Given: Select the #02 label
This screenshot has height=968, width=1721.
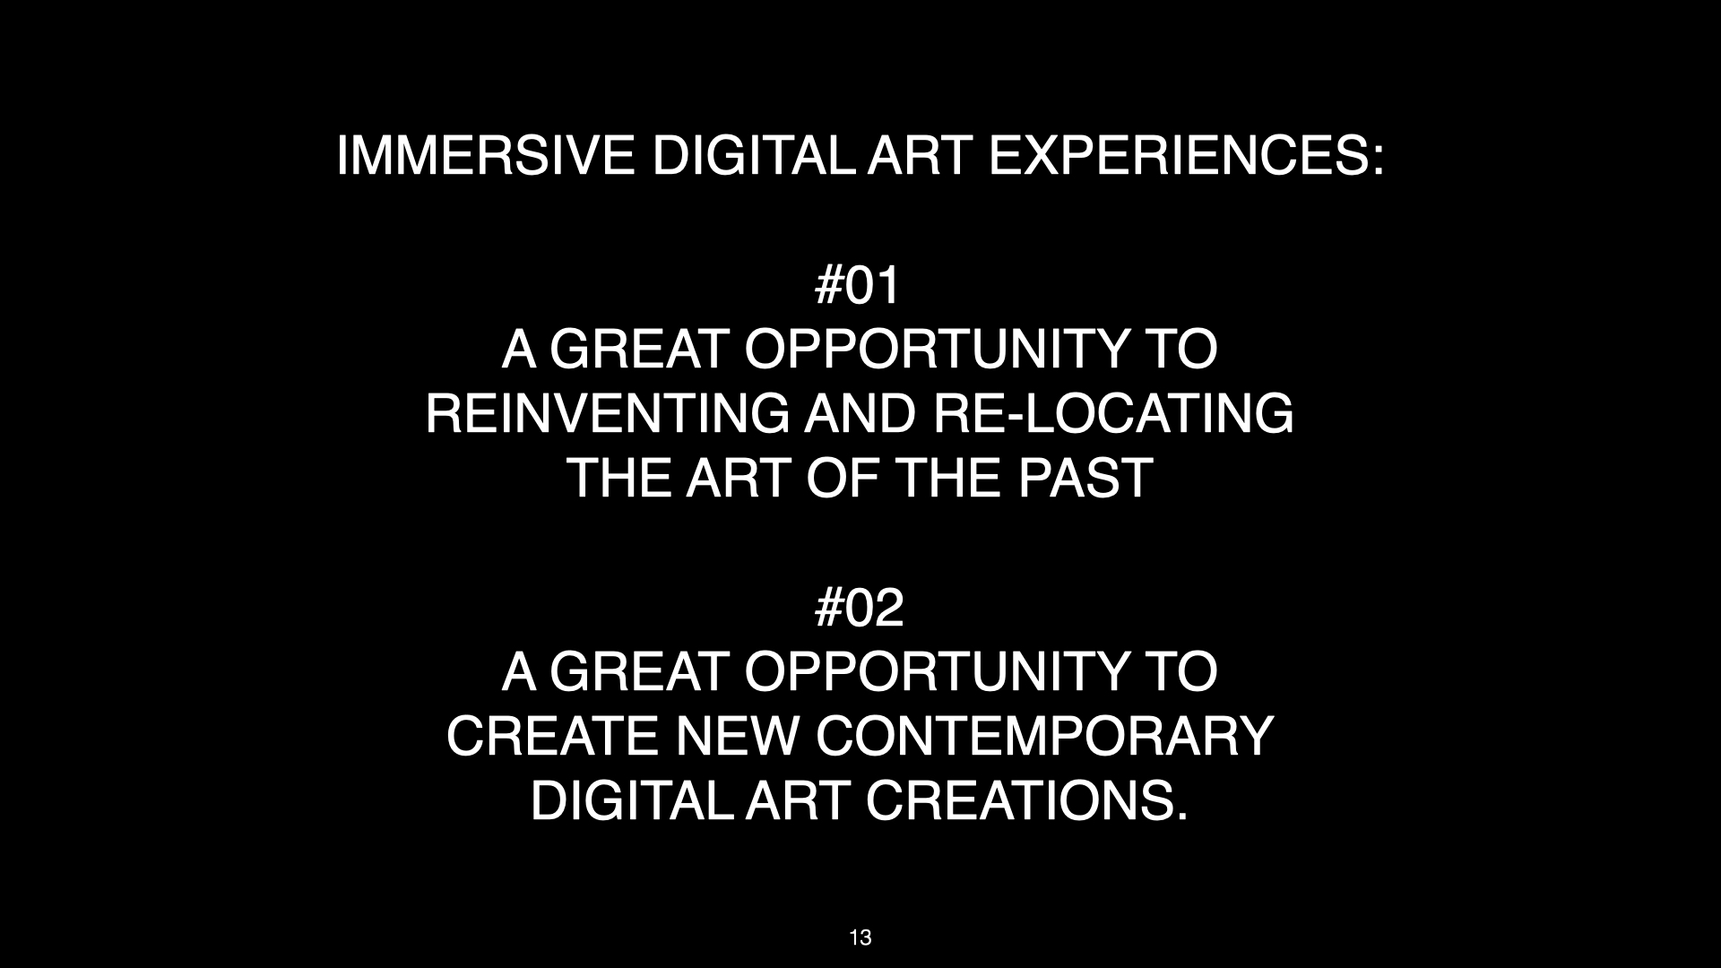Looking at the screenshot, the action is click(x=859, y=609).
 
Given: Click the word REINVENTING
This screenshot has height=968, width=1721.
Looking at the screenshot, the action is click(x=608, y=413).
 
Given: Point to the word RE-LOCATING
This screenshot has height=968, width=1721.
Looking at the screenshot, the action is click(x=1113, y=413).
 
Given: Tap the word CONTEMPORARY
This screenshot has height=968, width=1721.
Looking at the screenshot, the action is click(x=1045, y=736).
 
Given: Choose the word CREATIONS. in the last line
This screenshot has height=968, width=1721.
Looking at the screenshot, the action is click(x=1026, y=800).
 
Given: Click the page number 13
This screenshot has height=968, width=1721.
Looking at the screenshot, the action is click(x=860, y=938).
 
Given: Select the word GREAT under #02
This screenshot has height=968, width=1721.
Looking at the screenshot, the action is click(x=637, y=671).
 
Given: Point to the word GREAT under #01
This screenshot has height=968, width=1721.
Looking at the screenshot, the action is click(x=637, y=349).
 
